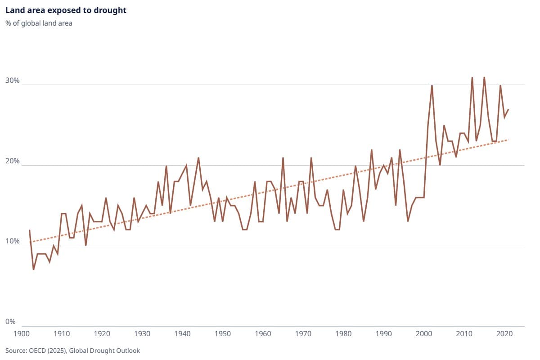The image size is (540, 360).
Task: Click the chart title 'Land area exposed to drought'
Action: [66, 10]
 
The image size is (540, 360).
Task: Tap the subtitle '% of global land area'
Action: [39, 23]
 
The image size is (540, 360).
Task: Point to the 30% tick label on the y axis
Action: [13, 81]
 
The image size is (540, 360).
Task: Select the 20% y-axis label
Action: [13, 161]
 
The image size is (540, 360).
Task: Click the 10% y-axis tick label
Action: [13, 242]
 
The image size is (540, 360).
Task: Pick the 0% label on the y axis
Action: [11, 322]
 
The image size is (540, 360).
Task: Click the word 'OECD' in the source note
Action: [37, 350]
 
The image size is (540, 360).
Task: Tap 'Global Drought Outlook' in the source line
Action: [111, 350]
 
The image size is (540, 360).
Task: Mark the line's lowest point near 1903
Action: [34, 269]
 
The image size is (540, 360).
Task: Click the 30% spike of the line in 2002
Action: [432, 85]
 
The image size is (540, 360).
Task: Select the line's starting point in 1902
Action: [30, 230]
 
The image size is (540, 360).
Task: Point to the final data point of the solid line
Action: [508, 109]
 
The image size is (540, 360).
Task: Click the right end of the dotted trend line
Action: [508, 140]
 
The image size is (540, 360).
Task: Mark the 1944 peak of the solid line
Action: [198, 158]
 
